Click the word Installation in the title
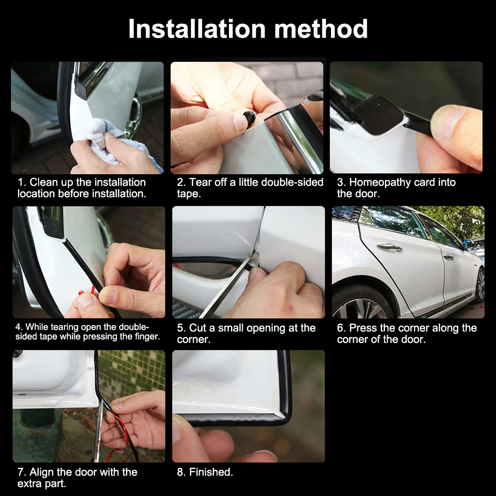197,29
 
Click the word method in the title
321,29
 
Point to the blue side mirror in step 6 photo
468,244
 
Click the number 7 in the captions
21,472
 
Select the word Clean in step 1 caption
43,182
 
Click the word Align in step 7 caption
43,472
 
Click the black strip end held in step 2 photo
250,117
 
